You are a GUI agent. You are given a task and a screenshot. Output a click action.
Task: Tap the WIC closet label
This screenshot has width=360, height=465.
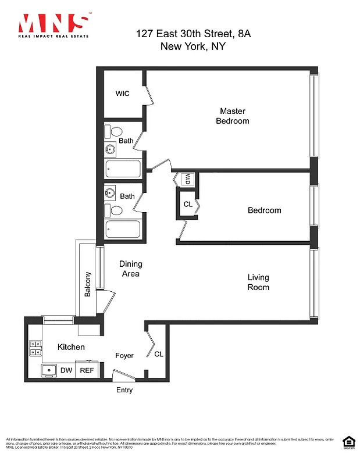[x=122, y=94]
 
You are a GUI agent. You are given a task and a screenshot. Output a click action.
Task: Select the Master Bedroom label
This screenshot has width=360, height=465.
[x=232, y=116]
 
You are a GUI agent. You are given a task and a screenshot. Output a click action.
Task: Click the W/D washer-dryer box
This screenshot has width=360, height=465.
[x=188, y=179]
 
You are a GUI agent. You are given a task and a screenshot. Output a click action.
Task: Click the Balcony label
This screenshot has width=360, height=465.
[x=88, y=285]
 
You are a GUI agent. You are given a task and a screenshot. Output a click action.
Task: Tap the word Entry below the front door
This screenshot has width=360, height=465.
[x=124, y=390]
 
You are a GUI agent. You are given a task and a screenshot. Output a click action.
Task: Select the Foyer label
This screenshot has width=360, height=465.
[x=124, y=356]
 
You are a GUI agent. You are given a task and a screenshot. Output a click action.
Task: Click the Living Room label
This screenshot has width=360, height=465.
[x=258, y=282]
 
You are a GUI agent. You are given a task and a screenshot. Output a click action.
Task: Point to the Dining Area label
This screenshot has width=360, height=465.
[x=130, y=269]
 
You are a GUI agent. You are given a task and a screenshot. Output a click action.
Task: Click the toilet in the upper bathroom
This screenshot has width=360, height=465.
[x=115, y=132]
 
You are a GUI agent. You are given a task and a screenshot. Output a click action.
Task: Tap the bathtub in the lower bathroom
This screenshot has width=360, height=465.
[x=123, y=230]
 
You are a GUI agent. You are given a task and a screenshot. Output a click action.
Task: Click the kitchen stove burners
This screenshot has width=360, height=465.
[x=34, y=348]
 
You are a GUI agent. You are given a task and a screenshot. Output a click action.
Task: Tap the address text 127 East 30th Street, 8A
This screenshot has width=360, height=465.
[x=194, y=34]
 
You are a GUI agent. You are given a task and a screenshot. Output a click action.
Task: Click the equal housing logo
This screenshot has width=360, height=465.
[x=347, y=442]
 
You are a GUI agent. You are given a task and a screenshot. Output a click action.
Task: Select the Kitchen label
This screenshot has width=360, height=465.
[x=71, y=347]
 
